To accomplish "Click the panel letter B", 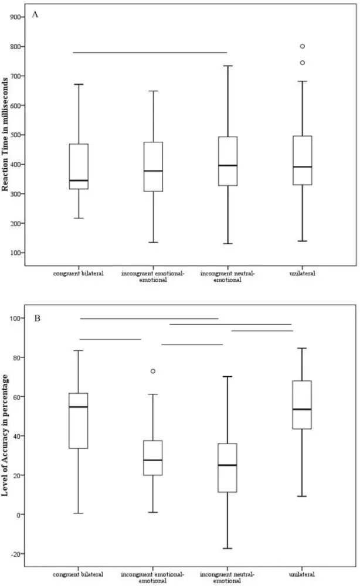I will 35,319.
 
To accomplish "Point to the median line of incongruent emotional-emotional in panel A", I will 153,171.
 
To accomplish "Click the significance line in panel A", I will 150,53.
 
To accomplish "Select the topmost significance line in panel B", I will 148,319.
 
